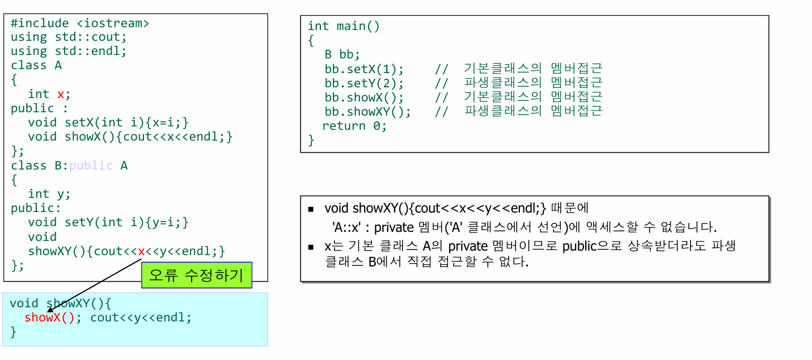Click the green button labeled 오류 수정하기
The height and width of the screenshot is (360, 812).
(x=196, y=275)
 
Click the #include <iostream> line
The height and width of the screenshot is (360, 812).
(x=80, y=23)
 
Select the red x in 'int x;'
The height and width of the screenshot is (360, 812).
(x=61, y=94)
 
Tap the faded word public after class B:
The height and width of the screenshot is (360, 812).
(x=91, y=166)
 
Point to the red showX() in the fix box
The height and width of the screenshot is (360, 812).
(x=49, y=317)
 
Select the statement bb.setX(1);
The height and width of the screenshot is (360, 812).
(x=364, y=69)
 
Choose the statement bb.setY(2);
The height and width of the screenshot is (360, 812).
(x=364, y=83)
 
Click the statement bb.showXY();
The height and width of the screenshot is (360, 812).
(x=367, y=111)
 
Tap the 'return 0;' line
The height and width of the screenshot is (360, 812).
(x=354, y=126)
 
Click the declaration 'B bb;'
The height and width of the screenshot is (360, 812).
(x=342, y=54)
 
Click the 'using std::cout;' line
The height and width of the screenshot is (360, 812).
(x=69, y=37)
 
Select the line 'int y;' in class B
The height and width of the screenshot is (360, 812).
(x=49, y=194)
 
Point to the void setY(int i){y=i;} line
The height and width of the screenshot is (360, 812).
(x=108, y=222)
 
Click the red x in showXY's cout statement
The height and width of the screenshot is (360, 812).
(x=141, y=251)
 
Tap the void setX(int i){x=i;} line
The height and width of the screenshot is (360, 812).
(x=108, y=122)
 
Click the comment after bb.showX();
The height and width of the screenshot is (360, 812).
(x=518, y=97)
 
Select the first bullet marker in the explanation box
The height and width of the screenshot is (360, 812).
(x=311, y=209)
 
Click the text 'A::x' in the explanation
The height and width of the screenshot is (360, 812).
(x=348, y=228)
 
